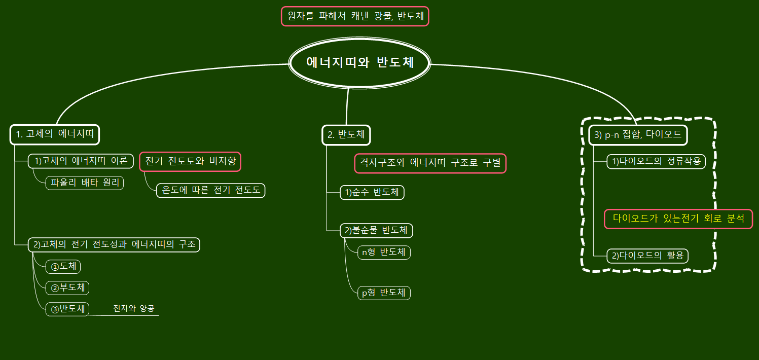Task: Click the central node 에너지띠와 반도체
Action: coord(360,63)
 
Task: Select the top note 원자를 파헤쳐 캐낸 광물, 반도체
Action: coord(355,16)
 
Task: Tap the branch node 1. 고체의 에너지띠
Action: coord(55,134)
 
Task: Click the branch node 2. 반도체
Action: coord(346,134)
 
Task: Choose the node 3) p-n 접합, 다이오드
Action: coord(638,135)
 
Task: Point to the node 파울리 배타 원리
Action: coord(85,183)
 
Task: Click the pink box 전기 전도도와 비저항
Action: coord(190,162)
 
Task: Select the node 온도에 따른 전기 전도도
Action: coord(211,191)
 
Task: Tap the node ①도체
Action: coord(63,266)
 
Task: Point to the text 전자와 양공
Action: coord(134,308)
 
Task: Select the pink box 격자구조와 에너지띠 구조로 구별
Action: coord(430,163)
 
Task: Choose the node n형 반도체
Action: coord(383,252)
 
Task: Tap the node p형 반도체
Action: coord(383,293)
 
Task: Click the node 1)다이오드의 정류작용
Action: coord(656,162)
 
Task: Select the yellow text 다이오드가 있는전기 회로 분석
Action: coord(678,219)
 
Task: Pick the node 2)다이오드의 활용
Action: coord(647,256)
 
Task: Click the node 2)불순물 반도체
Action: coord(376,231)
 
